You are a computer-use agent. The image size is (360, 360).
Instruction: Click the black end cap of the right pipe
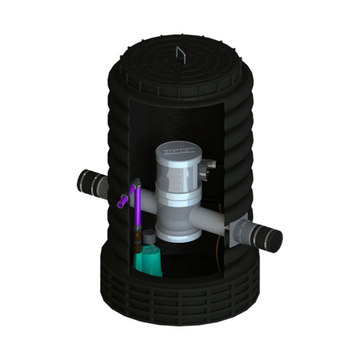pyautogui.click(x=272, y=239)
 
